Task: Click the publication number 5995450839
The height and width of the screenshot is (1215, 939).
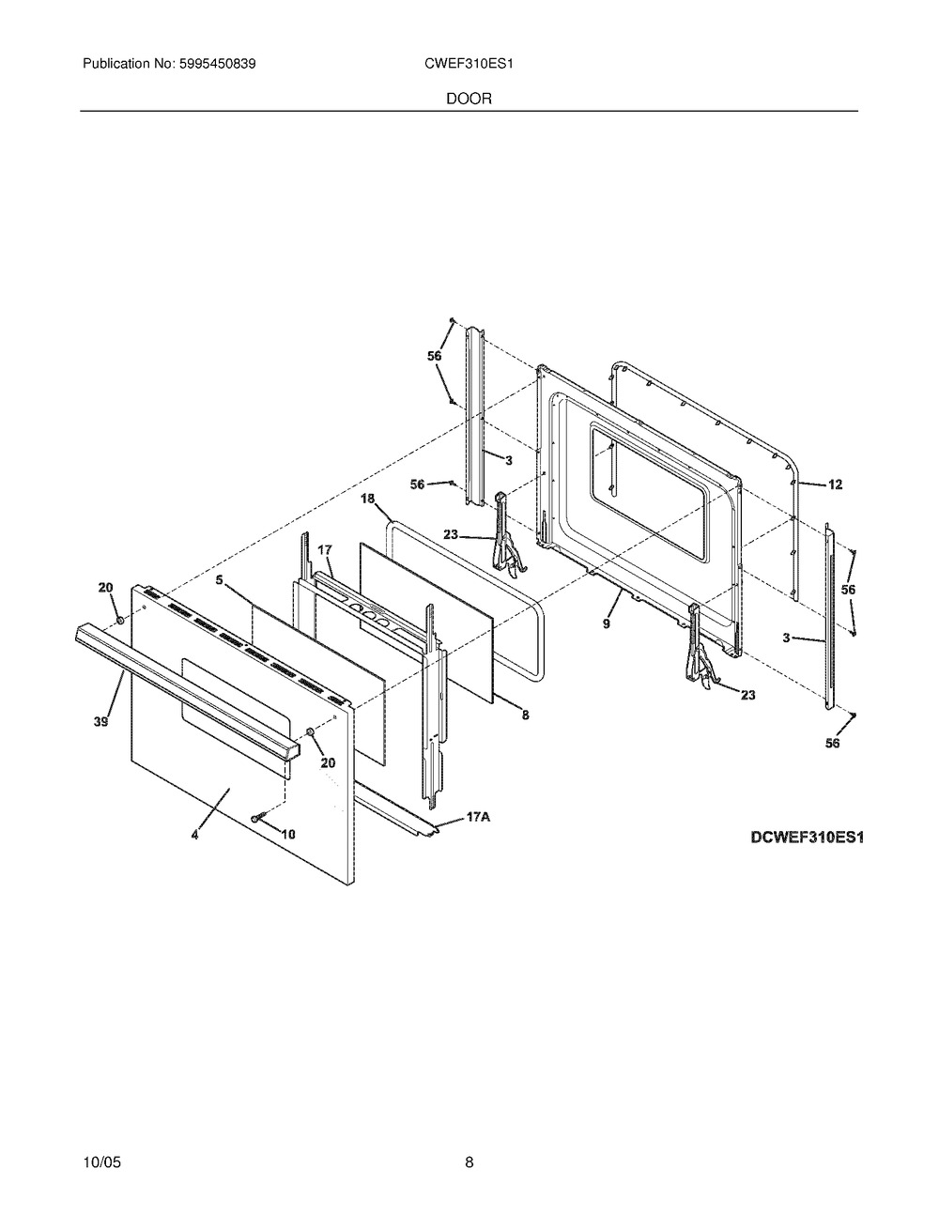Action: coord(218,64)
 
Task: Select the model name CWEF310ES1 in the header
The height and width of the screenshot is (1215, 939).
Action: coord(469,64)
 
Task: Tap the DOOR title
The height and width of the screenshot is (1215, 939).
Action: coord(469,99)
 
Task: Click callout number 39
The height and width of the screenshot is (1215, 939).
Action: coord(101,722)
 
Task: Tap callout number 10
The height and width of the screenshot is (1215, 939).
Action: coord(288,835)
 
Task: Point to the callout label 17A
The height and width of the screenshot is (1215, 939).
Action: coord(478,818)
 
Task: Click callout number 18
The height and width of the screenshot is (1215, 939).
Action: coord(367,499)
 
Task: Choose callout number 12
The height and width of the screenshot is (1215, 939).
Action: coord(835,484)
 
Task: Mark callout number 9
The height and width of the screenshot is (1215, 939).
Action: coord(607,623)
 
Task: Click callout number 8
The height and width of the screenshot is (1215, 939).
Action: coord(526,715)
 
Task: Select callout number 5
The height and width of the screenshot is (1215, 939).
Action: coord(220,580)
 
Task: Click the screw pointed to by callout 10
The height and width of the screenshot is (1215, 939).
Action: coord(257,818)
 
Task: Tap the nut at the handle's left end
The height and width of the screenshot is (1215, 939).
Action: coord(119,620)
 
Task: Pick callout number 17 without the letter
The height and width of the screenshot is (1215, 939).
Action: coord(325,549)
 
